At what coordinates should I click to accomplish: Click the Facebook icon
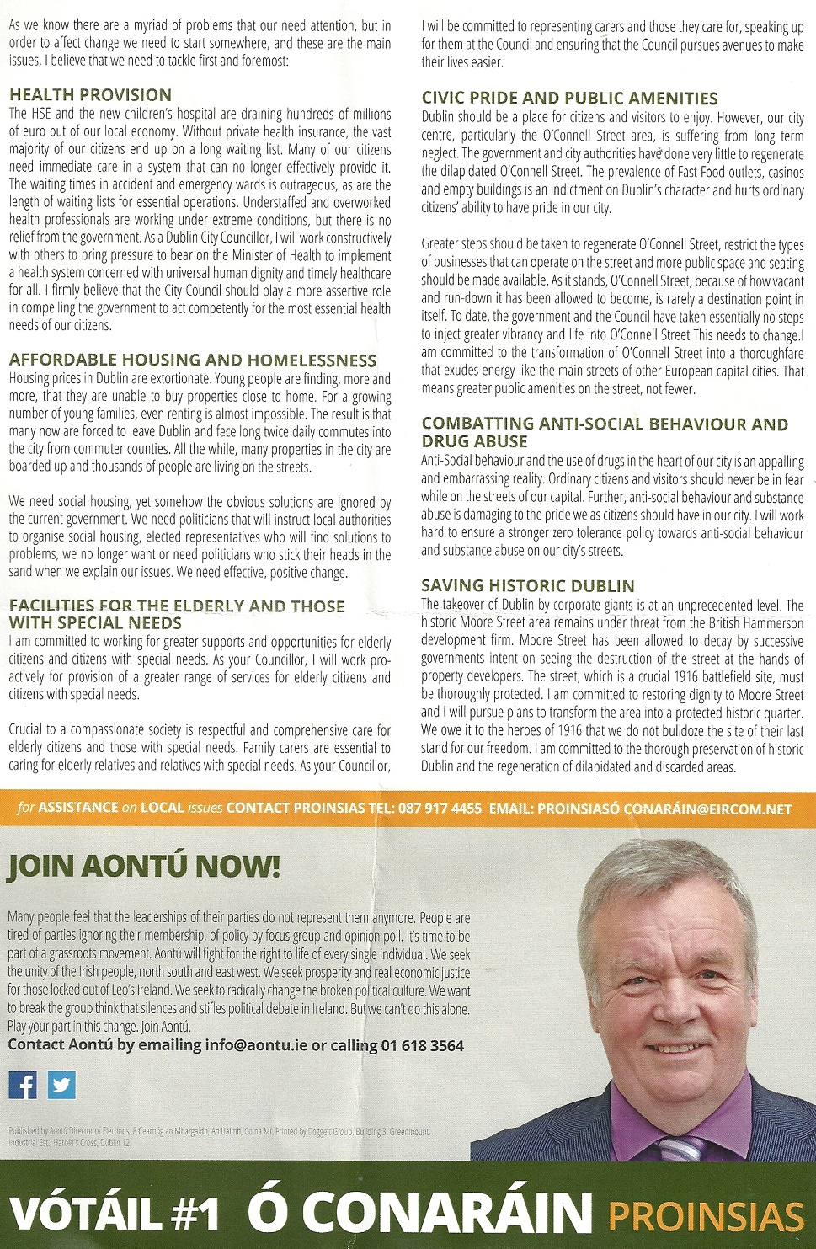pyautogui.click(x=23, y=1085)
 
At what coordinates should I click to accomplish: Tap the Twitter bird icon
pyautogui.click(x=61, y=1085)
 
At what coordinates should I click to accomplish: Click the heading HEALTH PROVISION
pyautogui.click(x=90, y=95)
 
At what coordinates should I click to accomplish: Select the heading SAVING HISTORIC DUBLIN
pyautogui.click(x=528, y=586)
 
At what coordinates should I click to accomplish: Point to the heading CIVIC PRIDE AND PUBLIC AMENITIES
pyautogui.click(x=569, y=99)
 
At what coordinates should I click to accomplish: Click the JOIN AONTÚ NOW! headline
pyautogui.click(x=144, y=867)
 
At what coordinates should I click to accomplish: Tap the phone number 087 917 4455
pyautogui.click(x=440, y=809)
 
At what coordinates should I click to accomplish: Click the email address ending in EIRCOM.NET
pyautogui.click(x=664, y=809)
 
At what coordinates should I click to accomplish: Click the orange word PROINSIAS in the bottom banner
pyautogui.click(x=706, y=1216)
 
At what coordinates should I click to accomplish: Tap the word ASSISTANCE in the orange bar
pyautogui.click(x=78, y=808)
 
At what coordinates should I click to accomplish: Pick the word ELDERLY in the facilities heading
pyautogui.click(x=208, y=606)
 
